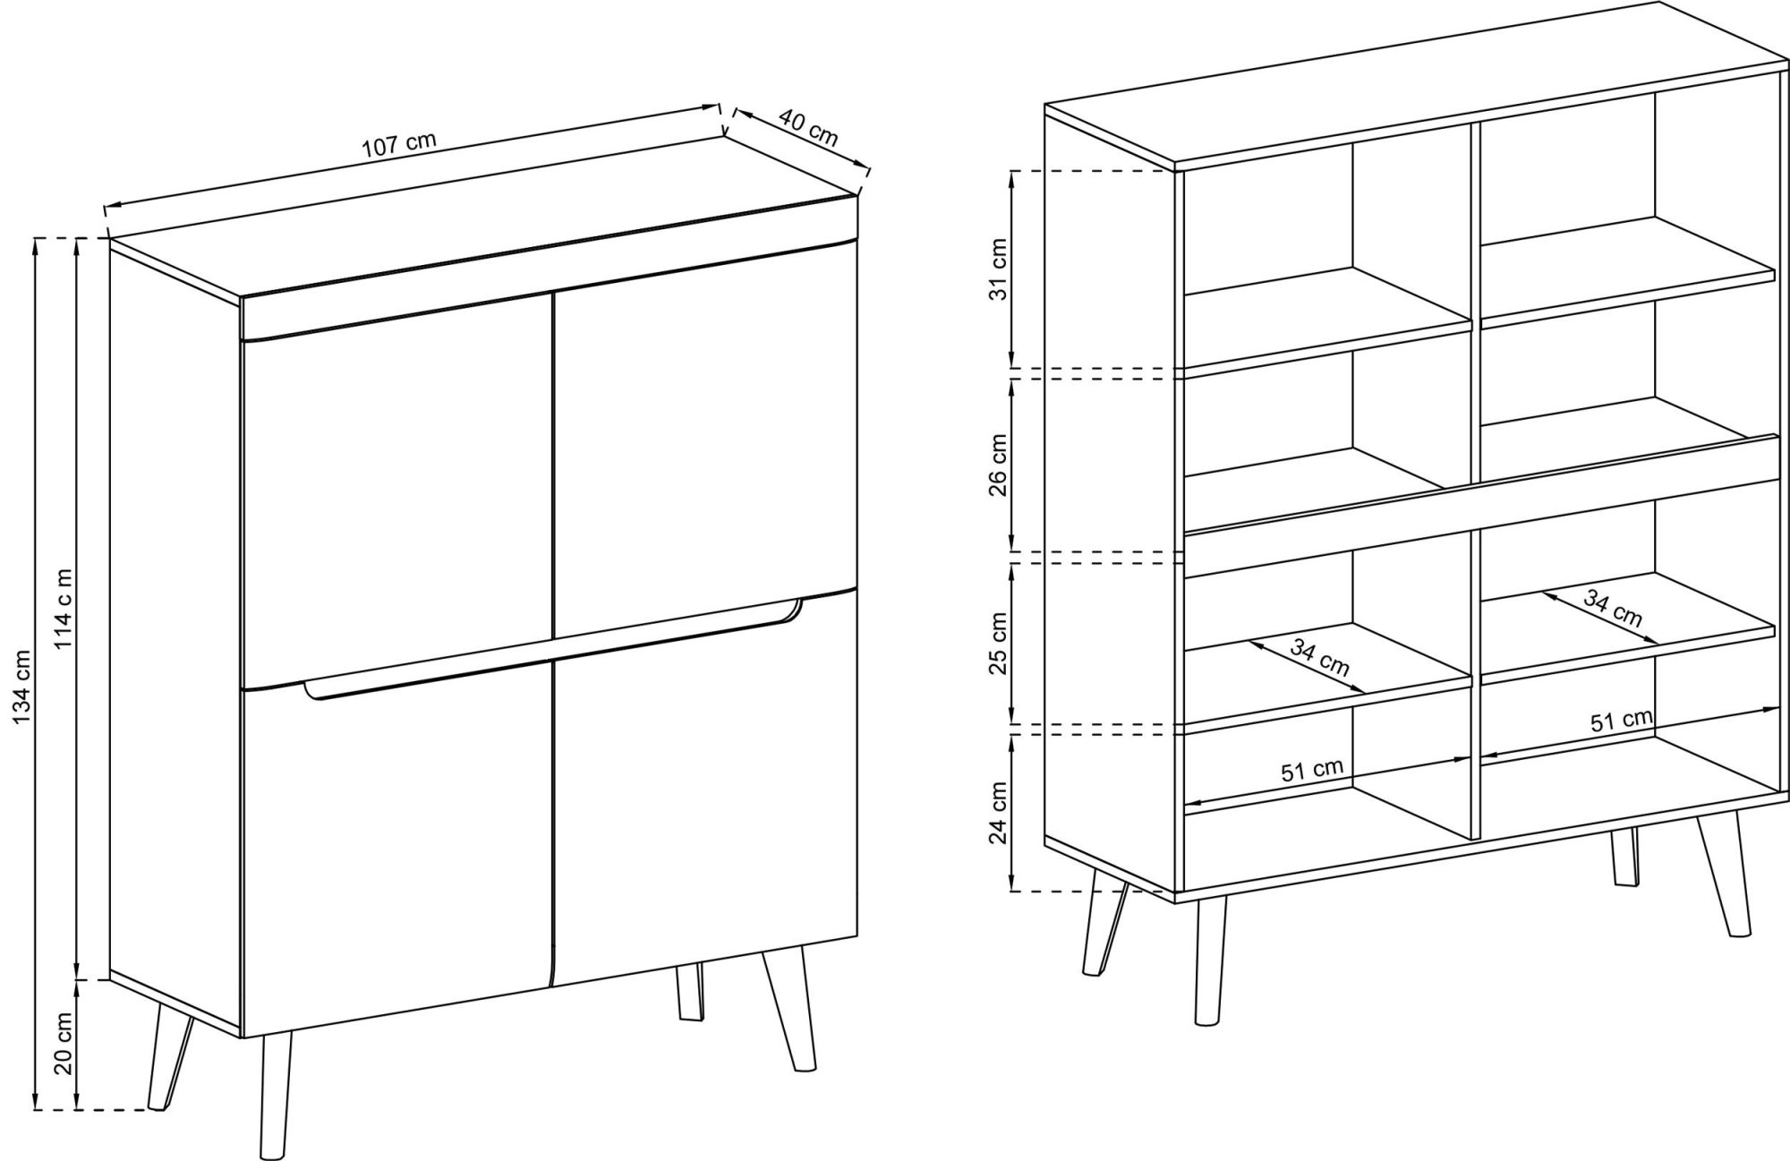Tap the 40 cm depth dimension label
pyautogui.click(x=808, y=128)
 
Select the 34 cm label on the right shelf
pyautogui.click(x=1613, y=608)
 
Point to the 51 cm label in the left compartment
pyautogui.click(x=1312, y=771)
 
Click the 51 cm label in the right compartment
pyautogui.click(x=1621, y=721)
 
